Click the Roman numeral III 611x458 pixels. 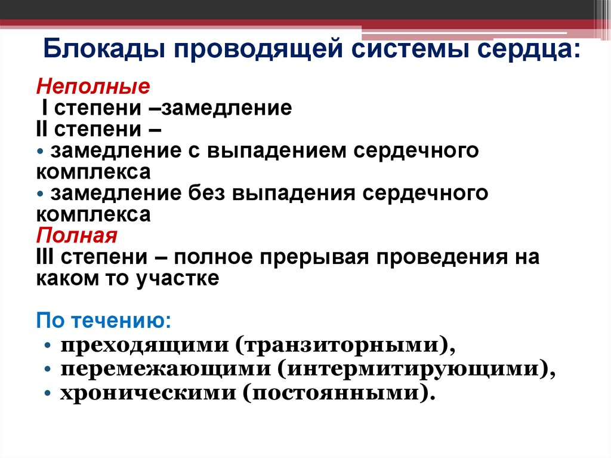coord(46,257)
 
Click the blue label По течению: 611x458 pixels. coord(104,321)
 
